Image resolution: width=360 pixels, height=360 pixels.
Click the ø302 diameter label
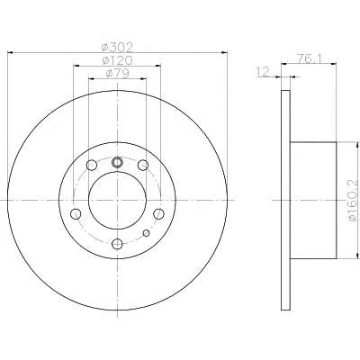point(117,47)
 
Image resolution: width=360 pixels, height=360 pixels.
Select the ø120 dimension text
point(117,60)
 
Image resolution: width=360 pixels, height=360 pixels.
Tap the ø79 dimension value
point(117,74)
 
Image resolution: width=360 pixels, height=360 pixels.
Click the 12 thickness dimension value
point(264,72)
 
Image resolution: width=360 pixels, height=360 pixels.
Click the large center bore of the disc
point(117,201)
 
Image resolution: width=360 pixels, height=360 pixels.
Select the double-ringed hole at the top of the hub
point(117,162)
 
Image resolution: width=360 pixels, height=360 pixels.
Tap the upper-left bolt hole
point(92,165)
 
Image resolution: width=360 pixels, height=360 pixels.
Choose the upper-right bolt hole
point(143,165)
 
